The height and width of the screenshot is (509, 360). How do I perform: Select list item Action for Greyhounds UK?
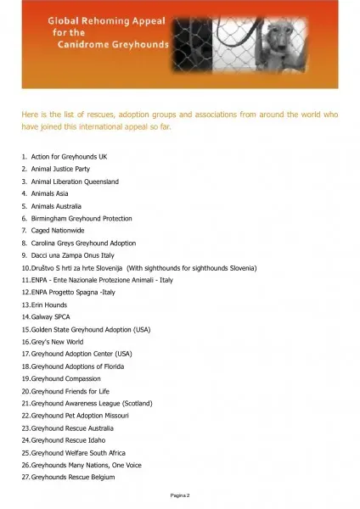pos(69,158)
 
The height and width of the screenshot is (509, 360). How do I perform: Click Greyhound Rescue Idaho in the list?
pos(68,440)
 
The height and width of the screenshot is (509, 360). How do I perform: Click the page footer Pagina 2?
pos(178,494)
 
